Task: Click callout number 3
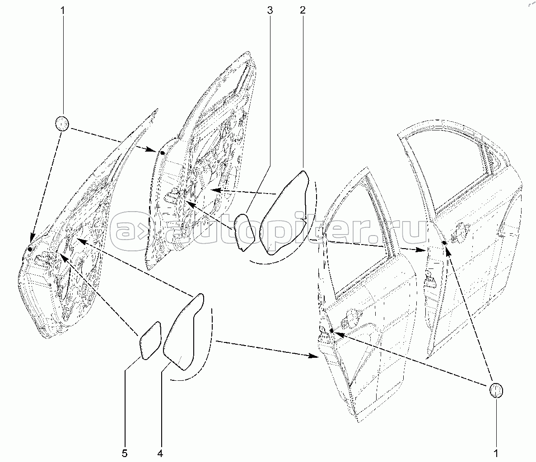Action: [x=270, y=10]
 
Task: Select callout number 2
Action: [x=303, y=10]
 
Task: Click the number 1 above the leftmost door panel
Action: [x=63, y=10]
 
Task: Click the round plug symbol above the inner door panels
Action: [x=63, y=123]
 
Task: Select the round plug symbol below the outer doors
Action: [x=495, y=391]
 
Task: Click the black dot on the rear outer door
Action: [x=444, y=243]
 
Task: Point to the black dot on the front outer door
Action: [x=331, y=331]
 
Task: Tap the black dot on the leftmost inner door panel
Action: [x=30, y=249]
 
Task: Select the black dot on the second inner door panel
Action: [x=163, y=153]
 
